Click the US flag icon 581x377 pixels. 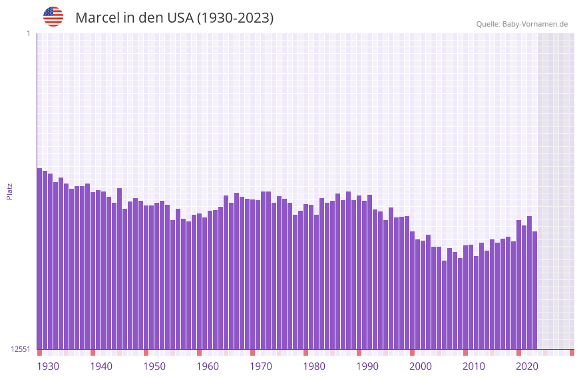pyautogui.click(x=53, y=17)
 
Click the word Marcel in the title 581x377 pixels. pyautogui.click(x=97, y=18)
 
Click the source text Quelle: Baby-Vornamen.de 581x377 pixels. pyautogui.click(x=522, y=24)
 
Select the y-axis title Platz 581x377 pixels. pyautogui.click(x=9, y=191)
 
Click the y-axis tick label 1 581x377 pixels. pyautogui.click(x=28, y=33)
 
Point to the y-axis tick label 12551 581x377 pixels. pyautogui.click(x=21, y=349)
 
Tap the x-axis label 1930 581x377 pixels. pyautogui.click(x=48, y=366)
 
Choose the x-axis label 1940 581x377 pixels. pyautogui.click(x=101, y=366)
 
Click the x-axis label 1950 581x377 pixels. pyautogui.click(x=154, y=366)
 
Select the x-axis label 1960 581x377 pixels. pyautogui.click(x=208, y=366)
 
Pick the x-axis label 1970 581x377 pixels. pyautogui.click(x=261, y=366)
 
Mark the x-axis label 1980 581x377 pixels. pyautogui.click(x=314, y=366)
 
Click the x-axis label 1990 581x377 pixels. pyautogui.click(x=367, y=366)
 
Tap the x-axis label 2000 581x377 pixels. pyautogui.click(x=421, y=366)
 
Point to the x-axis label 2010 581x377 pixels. pyautogui.click(x=474, y=366)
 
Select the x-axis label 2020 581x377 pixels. pyautogui.click(x=527, y=366)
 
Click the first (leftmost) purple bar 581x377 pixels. pyautogui.click(x=39, y=259)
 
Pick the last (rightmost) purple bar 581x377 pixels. pyautogui.click(x=534, y=291)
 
